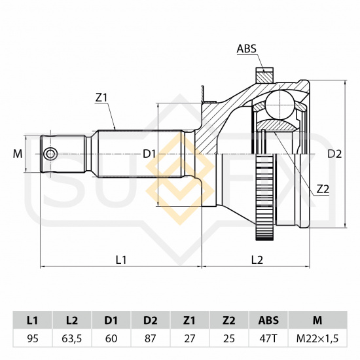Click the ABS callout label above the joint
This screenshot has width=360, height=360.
[x=246, y=48]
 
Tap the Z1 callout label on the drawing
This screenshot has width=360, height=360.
[x=101, y=98]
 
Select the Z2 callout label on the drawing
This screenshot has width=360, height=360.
[x=323, y=189]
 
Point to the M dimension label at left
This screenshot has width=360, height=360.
[x=18, y=154]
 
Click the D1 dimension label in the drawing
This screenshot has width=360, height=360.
[x=149, y=154]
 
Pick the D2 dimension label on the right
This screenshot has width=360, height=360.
[x=334, y=154]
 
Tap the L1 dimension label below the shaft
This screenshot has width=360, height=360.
[x=121, y=260]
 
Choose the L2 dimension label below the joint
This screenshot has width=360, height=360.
[x=257, y=260]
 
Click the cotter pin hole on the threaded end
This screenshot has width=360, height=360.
[x=51, y=154]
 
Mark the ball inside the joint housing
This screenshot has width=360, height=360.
[x=280, y=105]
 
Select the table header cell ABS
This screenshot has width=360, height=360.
[x=268, y=320]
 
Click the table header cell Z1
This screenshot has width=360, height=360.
[x=189, y=320]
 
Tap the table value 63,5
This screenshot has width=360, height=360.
[x=72, y=338]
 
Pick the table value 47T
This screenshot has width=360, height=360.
[x=268, y=338]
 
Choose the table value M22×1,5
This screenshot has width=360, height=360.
[x=317, y=338]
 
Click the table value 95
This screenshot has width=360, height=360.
[x=33, y=338]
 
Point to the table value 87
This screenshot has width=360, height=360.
[x=151, y=338]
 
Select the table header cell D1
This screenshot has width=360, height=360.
[x=111, y=320]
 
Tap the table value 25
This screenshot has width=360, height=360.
[x=229, y=338]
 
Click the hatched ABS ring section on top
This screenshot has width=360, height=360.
[x=264, y=75]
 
